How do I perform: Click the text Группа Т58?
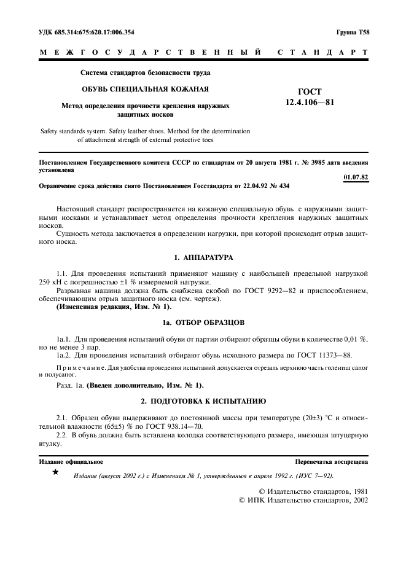(x=352, y=31)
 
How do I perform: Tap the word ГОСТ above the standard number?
(x=310, y=92)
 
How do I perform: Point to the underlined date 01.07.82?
(x=356, y=177)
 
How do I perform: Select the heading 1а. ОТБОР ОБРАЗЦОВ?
(x=203, y=322)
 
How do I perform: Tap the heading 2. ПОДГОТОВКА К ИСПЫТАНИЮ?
(x=203, y=401)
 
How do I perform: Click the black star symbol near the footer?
(x=56, y=472)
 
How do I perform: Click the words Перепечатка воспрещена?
(x=332, y=461)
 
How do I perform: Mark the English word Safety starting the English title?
(x=51, y=130)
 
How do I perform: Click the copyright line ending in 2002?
(x=303, y=501)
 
